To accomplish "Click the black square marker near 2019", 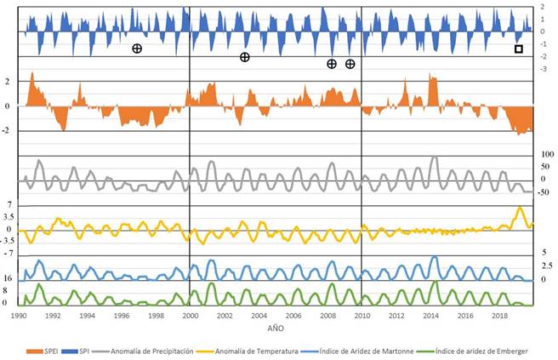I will (518, 49).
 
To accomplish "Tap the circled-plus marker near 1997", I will (136, 49).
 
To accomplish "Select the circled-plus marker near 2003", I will (244, 57).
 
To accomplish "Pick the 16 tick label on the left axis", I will (8, 278).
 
